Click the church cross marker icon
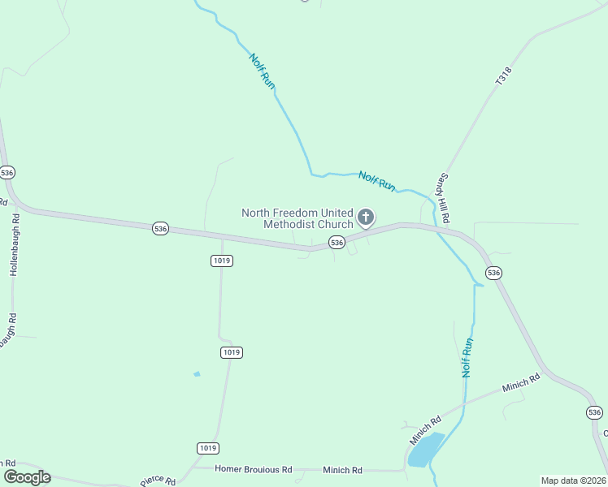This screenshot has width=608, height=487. [x=366, y=217]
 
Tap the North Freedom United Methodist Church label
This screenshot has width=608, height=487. [x=297, y=218]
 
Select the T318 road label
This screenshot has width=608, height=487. [x=504, y=77]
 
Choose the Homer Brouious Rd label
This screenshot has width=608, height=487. [x=253, y=469]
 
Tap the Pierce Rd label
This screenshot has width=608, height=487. [x=158, y=481]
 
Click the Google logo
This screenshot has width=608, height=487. [x=28, y=476]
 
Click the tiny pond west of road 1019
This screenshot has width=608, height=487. [x=197, y=374]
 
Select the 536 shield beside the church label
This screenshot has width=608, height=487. [x=337, y=243]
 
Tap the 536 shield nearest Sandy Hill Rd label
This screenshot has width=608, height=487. [x=493, y=273]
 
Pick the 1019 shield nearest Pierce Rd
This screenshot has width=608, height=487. [x=208, y=448]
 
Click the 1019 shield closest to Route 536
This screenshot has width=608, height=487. [x=221, y=261]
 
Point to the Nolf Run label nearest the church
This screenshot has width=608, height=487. [x=377, y=181]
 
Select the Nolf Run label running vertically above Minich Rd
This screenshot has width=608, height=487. [x=467, y=357]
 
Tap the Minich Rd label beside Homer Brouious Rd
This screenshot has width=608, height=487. [x=342, y=469]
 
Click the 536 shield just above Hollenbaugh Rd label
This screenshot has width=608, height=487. [x=7, y=173]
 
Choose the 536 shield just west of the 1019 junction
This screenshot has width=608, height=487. [x=160, y=229]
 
